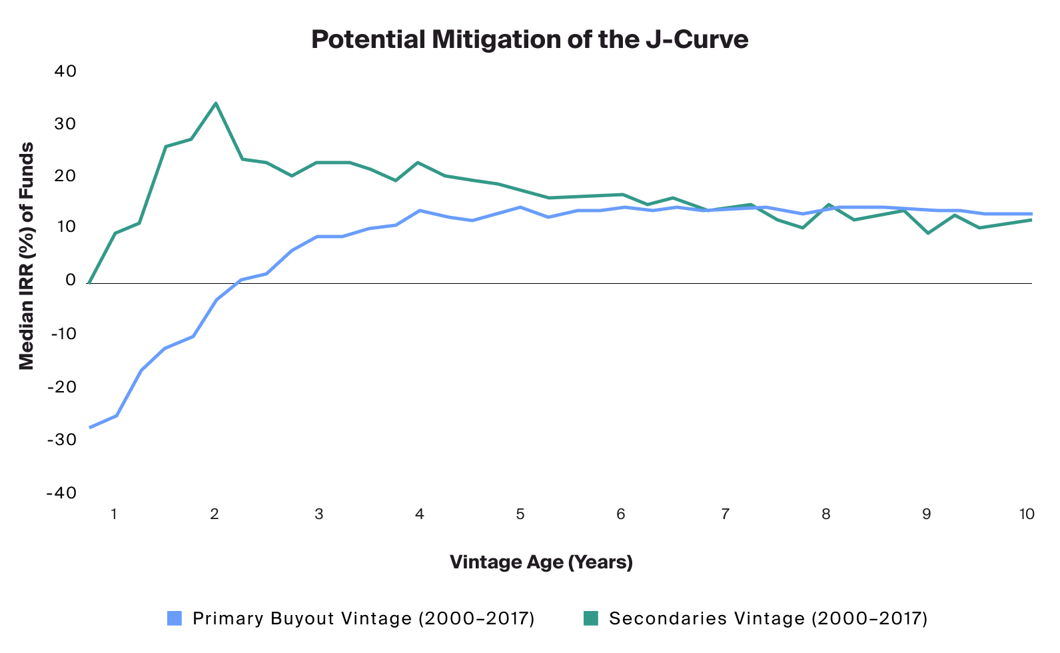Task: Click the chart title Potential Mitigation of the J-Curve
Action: (530, 40)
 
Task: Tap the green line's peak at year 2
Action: (216, 103)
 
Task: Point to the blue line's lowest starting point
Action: (90, 427)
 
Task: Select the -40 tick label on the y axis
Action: (61, 492)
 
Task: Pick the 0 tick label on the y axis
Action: (71, 280)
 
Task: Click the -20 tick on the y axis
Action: (61, 387)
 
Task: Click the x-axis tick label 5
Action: (520, 514)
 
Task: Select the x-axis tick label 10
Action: (1027, 514)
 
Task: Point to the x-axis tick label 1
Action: (115, 514)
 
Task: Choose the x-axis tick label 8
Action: (826, 514)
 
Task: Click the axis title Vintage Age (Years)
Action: (541, 562)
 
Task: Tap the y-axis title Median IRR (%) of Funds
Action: (26, 256)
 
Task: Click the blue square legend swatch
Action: (175, 618)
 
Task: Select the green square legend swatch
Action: (591, 618)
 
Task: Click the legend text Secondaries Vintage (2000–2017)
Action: (768, 618)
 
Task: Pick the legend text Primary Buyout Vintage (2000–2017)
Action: (364, 618)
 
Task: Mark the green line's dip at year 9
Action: (928, 233)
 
